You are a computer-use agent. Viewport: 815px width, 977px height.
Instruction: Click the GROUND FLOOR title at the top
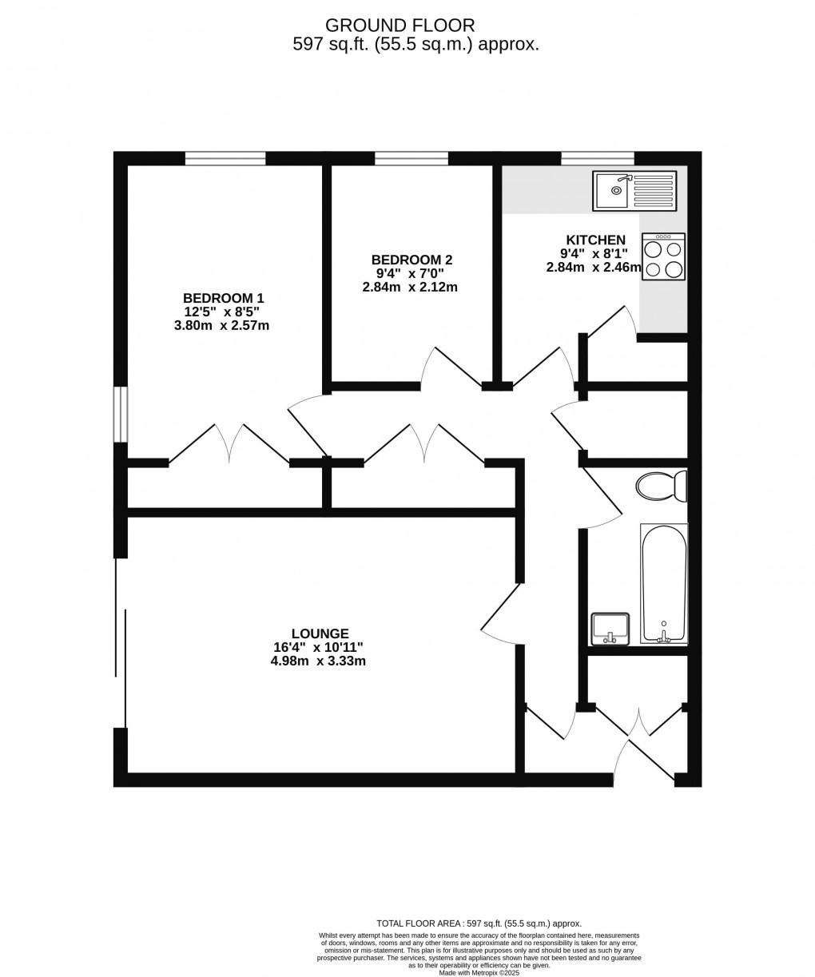[x=400, y=25]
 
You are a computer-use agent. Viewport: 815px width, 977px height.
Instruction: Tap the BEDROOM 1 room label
[x=223, y=298]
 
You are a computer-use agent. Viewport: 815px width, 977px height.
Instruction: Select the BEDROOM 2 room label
[x=411, y=259]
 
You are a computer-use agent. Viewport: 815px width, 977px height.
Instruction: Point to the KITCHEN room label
[x=595, y=240]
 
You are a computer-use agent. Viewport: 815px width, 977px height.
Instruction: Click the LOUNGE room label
[x=320, y=633]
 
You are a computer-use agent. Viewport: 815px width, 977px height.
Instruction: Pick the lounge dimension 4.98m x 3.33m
[x=318, y=661]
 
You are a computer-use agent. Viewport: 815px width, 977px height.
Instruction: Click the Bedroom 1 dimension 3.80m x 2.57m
[x=221, y=325]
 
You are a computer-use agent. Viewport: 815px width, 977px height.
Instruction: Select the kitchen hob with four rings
[x=663, y=256]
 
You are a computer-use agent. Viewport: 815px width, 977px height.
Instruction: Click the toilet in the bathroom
[x=661, y=487]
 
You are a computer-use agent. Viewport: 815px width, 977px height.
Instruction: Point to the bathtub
[x=663, y=584]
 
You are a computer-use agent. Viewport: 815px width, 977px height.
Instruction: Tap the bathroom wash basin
[x=610, y=629]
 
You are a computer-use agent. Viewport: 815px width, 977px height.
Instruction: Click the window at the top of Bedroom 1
[x=225, y=158]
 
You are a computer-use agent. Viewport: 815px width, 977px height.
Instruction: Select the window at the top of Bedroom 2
[x=411, y=158]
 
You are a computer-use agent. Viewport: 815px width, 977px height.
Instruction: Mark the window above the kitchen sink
[x=598, y=158]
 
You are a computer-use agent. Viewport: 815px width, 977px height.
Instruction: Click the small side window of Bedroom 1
[x=121, y=414]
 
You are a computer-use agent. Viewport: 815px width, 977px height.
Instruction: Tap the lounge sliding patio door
[x=121, y=642]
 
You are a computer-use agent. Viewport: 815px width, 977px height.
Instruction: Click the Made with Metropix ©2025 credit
[x=479, y=972]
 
